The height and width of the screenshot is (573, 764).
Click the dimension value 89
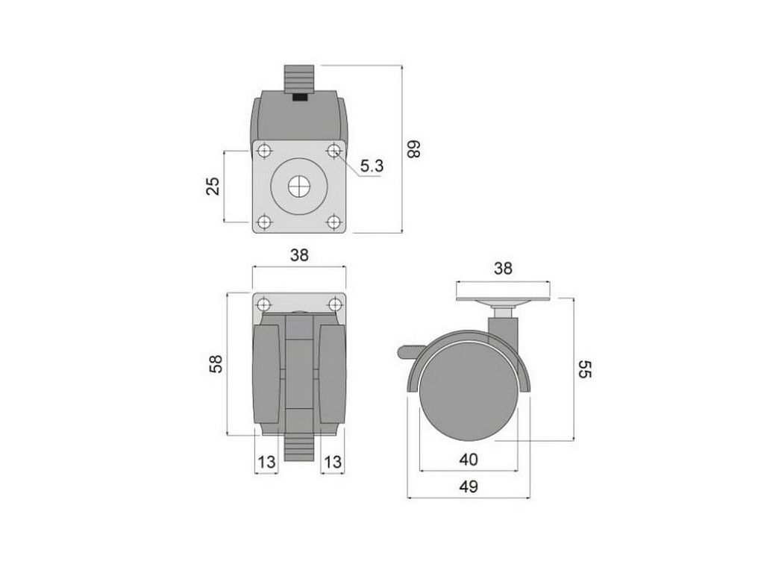tap(413, 149)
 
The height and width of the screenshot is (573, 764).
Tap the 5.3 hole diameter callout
tap(372, 166)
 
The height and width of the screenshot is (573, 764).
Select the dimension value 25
tap(213, 186)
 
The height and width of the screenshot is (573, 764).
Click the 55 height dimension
tap(584, 369)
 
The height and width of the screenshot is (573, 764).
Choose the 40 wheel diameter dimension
tap(469, 460)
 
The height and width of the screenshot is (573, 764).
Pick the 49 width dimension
tap(469, 486)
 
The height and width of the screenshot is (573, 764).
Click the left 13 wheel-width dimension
tap(266, 461)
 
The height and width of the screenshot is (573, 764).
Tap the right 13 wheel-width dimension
tap(333, 461)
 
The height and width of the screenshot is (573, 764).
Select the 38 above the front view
tap(299, 255)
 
